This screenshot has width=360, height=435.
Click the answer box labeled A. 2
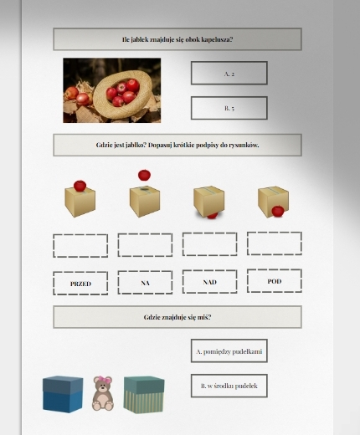tap(229, 73)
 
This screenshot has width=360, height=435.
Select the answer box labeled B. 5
tap(229, 108)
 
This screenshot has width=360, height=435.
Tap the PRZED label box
tap(80, 284)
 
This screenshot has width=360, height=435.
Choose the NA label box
tap(145, 283)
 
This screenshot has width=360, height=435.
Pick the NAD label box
tap(210, 282)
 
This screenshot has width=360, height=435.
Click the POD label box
tap(275, 281)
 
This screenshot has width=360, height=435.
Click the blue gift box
tap(63, 394)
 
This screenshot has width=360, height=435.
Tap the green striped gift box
tap(144, 395)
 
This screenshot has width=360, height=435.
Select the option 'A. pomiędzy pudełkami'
tap(229, 351)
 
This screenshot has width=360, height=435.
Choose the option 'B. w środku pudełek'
tap(229, 386)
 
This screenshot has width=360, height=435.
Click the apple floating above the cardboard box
tap(144, 175)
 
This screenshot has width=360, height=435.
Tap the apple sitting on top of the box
tap(80, 186)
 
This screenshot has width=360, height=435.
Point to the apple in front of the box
tap(278, 211)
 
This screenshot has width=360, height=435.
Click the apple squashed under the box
tap(213, 215)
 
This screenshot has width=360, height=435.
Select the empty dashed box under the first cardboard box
tap(80, 246)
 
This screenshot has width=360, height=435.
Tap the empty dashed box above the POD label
tap(275, 243)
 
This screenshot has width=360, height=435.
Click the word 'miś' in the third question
tap(205, 317)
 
